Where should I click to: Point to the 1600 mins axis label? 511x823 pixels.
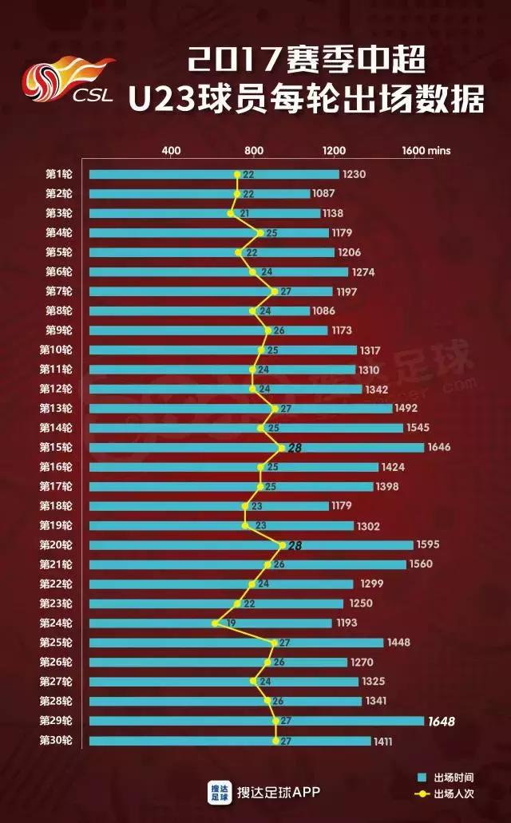coord(426,151)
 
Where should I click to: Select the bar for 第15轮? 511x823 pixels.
coord(255,448)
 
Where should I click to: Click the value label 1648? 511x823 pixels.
coord(441,722)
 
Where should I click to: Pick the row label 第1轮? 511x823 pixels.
coord(58,174)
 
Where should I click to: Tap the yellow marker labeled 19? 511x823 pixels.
coord(215,623)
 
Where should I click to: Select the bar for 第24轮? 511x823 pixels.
coord(210,623)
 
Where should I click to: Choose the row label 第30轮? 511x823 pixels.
coord(56,741)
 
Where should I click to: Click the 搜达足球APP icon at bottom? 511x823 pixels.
coord(219,791)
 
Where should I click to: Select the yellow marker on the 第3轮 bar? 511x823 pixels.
coord(231,213)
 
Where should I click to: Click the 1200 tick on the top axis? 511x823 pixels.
coord(334,151)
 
